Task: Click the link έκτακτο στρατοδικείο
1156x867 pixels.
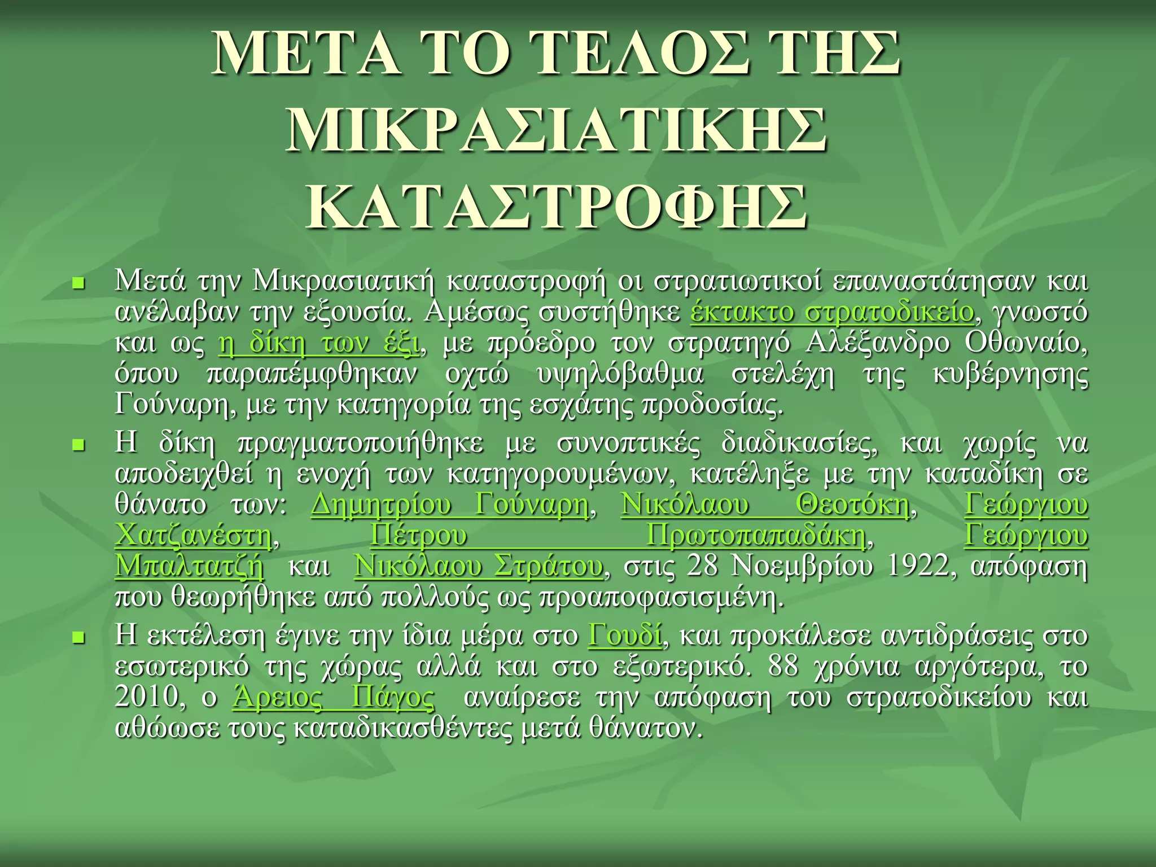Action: pyautogui.click(x=832, y=312)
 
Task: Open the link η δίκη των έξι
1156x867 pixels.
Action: pyautogui.click(x=319, y=343)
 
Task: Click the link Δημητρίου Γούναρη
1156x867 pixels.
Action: pyautogui.click(x=450, y=504)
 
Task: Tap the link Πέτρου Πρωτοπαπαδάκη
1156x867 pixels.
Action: pyautogui.click(x=618, y=535)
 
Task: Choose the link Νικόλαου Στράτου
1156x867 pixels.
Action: pyautogui.click(x=478, y=566)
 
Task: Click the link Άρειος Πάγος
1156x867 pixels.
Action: pyautogui.click(x=334, y=697)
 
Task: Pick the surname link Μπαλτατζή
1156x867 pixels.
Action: pyautogui.click(x=189, y=566)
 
